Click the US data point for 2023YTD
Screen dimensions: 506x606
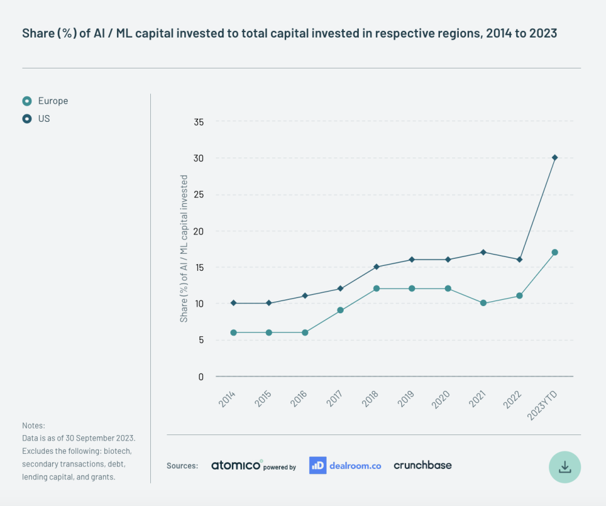tap(554, 158)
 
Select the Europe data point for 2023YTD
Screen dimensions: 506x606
tap(554, 252)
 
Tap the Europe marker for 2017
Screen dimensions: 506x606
tap(341, 310)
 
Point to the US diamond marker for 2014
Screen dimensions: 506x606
tap(233, 303)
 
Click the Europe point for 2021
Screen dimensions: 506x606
tap(483, 303)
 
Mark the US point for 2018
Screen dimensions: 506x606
tap(376, 267)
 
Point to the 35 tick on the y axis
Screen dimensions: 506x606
tap(198, 122)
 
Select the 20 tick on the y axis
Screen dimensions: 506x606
tap(198, 231)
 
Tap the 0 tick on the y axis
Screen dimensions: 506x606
tap(201, 376)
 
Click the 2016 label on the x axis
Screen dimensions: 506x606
tap(298, 398)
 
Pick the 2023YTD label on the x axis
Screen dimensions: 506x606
tap(543, 403)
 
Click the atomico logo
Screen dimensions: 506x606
tap(237, 465)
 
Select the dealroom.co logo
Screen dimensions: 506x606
tap(345, 465)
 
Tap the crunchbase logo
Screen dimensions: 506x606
tap(422, 465)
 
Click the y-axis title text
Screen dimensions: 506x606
tap(184, 248)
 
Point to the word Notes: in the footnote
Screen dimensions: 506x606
tap(34, 426)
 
